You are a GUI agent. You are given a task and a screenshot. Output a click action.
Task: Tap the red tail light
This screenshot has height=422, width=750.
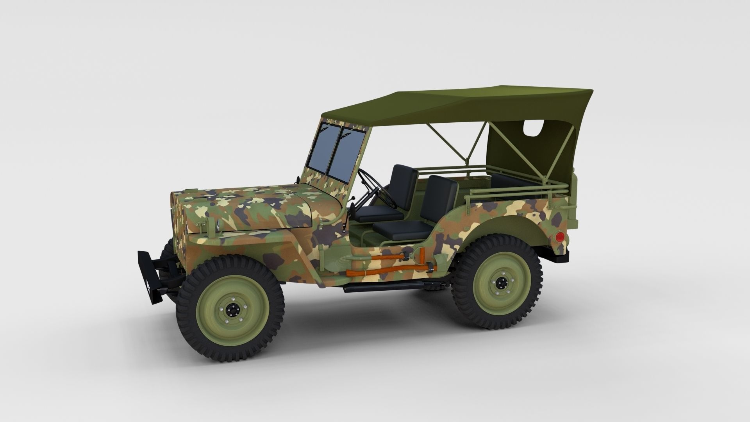click(559, 237)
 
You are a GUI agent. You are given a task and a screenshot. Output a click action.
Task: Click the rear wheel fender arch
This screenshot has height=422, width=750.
click(508, 227)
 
